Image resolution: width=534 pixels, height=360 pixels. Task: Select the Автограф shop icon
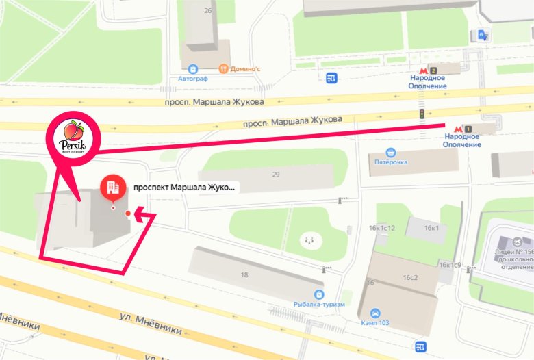coord(194,68)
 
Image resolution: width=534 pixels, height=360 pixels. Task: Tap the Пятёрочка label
coord(391,162)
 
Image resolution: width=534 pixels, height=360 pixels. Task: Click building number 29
coord(276,175)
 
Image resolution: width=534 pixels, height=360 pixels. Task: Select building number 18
coord(244,274)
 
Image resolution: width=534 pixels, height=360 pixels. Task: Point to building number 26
coord(207,11)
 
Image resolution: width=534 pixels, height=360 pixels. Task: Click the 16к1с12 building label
coord(382,227)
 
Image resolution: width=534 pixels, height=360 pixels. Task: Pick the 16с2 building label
coord(410,277)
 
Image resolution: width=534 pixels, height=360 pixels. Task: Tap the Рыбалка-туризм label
coord(314,303)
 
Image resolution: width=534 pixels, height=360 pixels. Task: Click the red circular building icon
coord(112,186)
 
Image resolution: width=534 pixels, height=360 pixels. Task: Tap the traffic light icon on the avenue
coord(422,113)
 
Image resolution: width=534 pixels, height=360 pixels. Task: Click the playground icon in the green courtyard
coord(309,240)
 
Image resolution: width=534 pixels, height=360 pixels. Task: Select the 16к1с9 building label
coord(450,265)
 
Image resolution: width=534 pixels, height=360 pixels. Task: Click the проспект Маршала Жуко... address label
coord(183,186)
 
